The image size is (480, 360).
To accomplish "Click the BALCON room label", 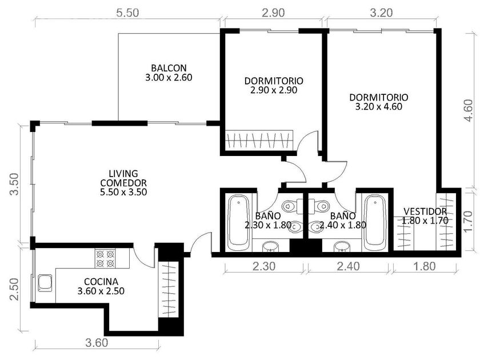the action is click(169, 67).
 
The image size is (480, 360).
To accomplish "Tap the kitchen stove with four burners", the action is click(105, 258).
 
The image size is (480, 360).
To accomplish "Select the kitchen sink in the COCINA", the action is click(45, 283).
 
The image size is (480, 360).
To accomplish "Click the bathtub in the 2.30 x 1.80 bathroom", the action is click(238, 221).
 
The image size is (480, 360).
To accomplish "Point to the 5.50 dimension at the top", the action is click(127, 13).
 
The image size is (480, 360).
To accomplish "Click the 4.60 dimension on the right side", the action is click(469, 110).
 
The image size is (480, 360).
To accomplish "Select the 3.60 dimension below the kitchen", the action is click(97, 343).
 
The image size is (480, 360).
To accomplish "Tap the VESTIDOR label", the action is click(425, 211).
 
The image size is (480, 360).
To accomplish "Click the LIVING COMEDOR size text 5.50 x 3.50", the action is click(123, 192).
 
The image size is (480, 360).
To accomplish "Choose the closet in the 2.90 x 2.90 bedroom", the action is click(259, 141).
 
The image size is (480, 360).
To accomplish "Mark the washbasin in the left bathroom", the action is click(270, 246).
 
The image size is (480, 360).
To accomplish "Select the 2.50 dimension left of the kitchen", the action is click(14, 289).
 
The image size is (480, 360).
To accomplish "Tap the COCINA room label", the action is click(101, 282).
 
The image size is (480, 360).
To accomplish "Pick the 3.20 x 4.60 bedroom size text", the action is click(379, 107).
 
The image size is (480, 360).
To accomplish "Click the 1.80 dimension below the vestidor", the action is click(424, 266).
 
